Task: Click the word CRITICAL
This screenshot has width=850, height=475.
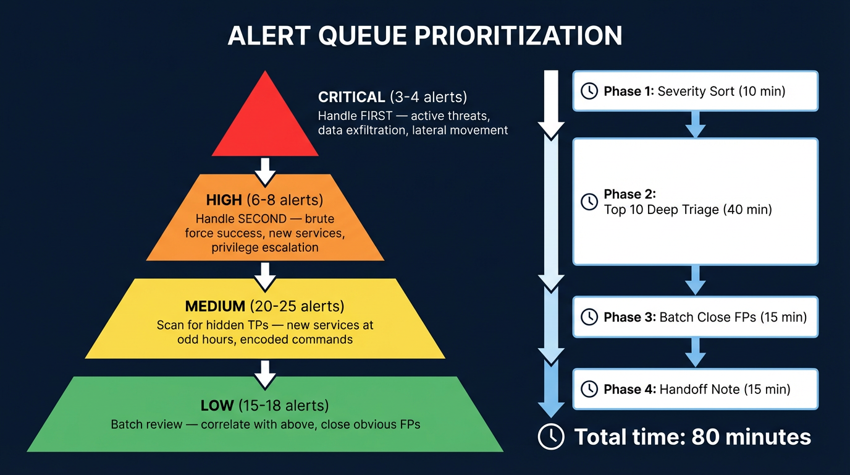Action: click(351, 97)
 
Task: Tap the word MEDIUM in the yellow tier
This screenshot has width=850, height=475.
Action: click(216, 307)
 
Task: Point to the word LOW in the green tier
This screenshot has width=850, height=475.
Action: click(217, 406)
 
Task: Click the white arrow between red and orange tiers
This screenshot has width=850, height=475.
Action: click(265, 171)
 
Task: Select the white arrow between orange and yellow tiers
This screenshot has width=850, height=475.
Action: click(265, 276)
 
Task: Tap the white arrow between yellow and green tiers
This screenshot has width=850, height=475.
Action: click(265, 374)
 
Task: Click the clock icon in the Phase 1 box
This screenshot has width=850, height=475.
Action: click(589, 92)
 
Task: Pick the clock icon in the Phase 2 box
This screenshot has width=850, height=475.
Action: click(589, 202)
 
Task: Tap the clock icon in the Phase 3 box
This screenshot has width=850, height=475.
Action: click(589, 317)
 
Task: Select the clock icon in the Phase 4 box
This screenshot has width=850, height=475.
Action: click(589, 389)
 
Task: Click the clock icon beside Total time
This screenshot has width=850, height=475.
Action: click(551, 437)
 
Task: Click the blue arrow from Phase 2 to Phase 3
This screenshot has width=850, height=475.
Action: click(696, 280)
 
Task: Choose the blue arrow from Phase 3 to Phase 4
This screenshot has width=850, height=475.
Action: click(696, 353)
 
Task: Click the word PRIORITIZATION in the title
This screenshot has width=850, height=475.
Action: click(518, 36)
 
